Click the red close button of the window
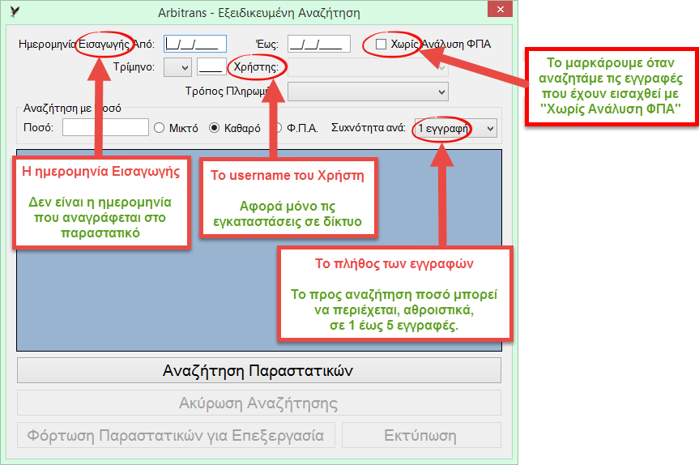tap(500, 9)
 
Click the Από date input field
tap(195, 44)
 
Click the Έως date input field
tap(319, 44)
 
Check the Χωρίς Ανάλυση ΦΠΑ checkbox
tap(381, 44)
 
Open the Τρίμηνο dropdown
tap(178, 67)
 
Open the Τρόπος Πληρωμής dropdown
tap(368, 92)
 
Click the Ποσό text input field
tap(105, 127)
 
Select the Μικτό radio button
tap(159, 128)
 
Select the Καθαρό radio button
tap(215, 128)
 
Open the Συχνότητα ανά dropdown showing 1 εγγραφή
tap(455, 128)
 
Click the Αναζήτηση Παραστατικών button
tap(259, 370)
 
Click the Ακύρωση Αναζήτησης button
tap(259, 403)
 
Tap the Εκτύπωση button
tap(421, 435)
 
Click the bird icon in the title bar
tap(15, 11)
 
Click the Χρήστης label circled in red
tap(256, 67)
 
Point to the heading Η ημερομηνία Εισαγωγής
tap(101, 172)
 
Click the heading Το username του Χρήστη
tap(288, 175)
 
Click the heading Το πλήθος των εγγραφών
tap(394, 263)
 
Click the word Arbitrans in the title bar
tap(182, 12)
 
